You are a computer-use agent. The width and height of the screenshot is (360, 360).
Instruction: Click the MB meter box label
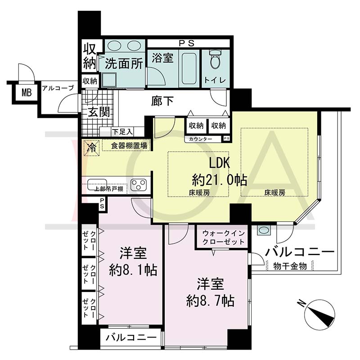click(27, 93)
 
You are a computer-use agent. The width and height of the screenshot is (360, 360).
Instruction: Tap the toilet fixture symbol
click(215, 59)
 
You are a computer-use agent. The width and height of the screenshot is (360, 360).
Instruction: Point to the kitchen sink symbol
click(97, 184)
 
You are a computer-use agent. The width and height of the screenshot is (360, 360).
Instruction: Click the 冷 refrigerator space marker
click(91, 148)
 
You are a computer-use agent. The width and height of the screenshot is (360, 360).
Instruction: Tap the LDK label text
click(219, 163)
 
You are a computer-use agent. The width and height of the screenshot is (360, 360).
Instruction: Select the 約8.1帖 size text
click(133, 270)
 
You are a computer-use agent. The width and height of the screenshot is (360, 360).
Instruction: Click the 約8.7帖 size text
click(210, 301)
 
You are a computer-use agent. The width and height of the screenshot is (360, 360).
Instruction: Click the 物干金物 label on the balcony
click(290, 266)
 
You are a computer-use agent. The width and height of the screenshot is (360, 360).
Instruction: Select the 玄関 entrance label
click(99, 112)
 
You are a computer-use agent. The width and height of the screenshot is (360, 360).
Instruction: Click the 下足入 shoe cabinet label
click(122, 132)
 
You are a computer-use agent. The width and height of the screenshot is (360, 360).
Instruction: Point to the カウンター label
click(200, 139)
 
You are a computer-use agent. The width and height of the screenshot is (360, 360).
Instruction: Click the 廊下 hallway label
click(162, 100)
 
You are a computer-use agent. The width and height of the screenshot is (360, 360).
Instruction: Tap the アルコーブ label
click(58, 88)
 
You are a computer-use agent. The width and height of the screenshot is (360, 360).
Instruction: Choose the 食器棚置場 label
click(129, 146)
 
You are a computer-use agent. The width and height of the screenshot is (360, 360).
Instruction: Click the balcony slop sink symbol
click(264, 230)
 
